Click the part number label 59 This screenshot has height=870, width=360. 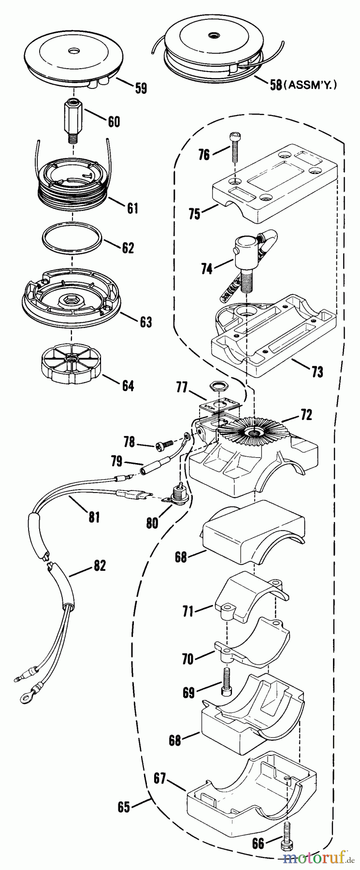141,88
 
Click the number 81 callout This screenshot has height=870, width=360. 94,517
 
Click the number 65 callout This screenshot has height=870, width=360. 124,807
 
